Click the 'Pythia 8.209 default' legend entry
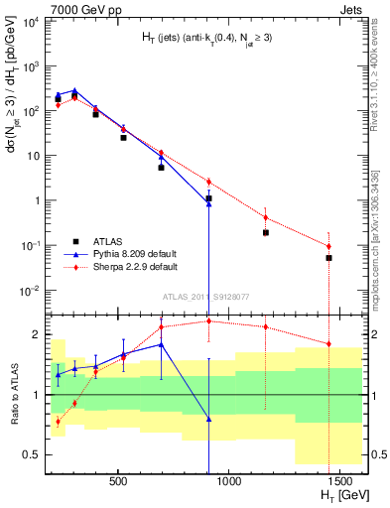point(136,254)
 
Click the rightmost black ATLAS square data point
point(328,258)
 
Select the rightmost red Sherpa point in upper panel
point(328,246)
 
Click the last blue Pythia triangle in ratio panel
point(208,419)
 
